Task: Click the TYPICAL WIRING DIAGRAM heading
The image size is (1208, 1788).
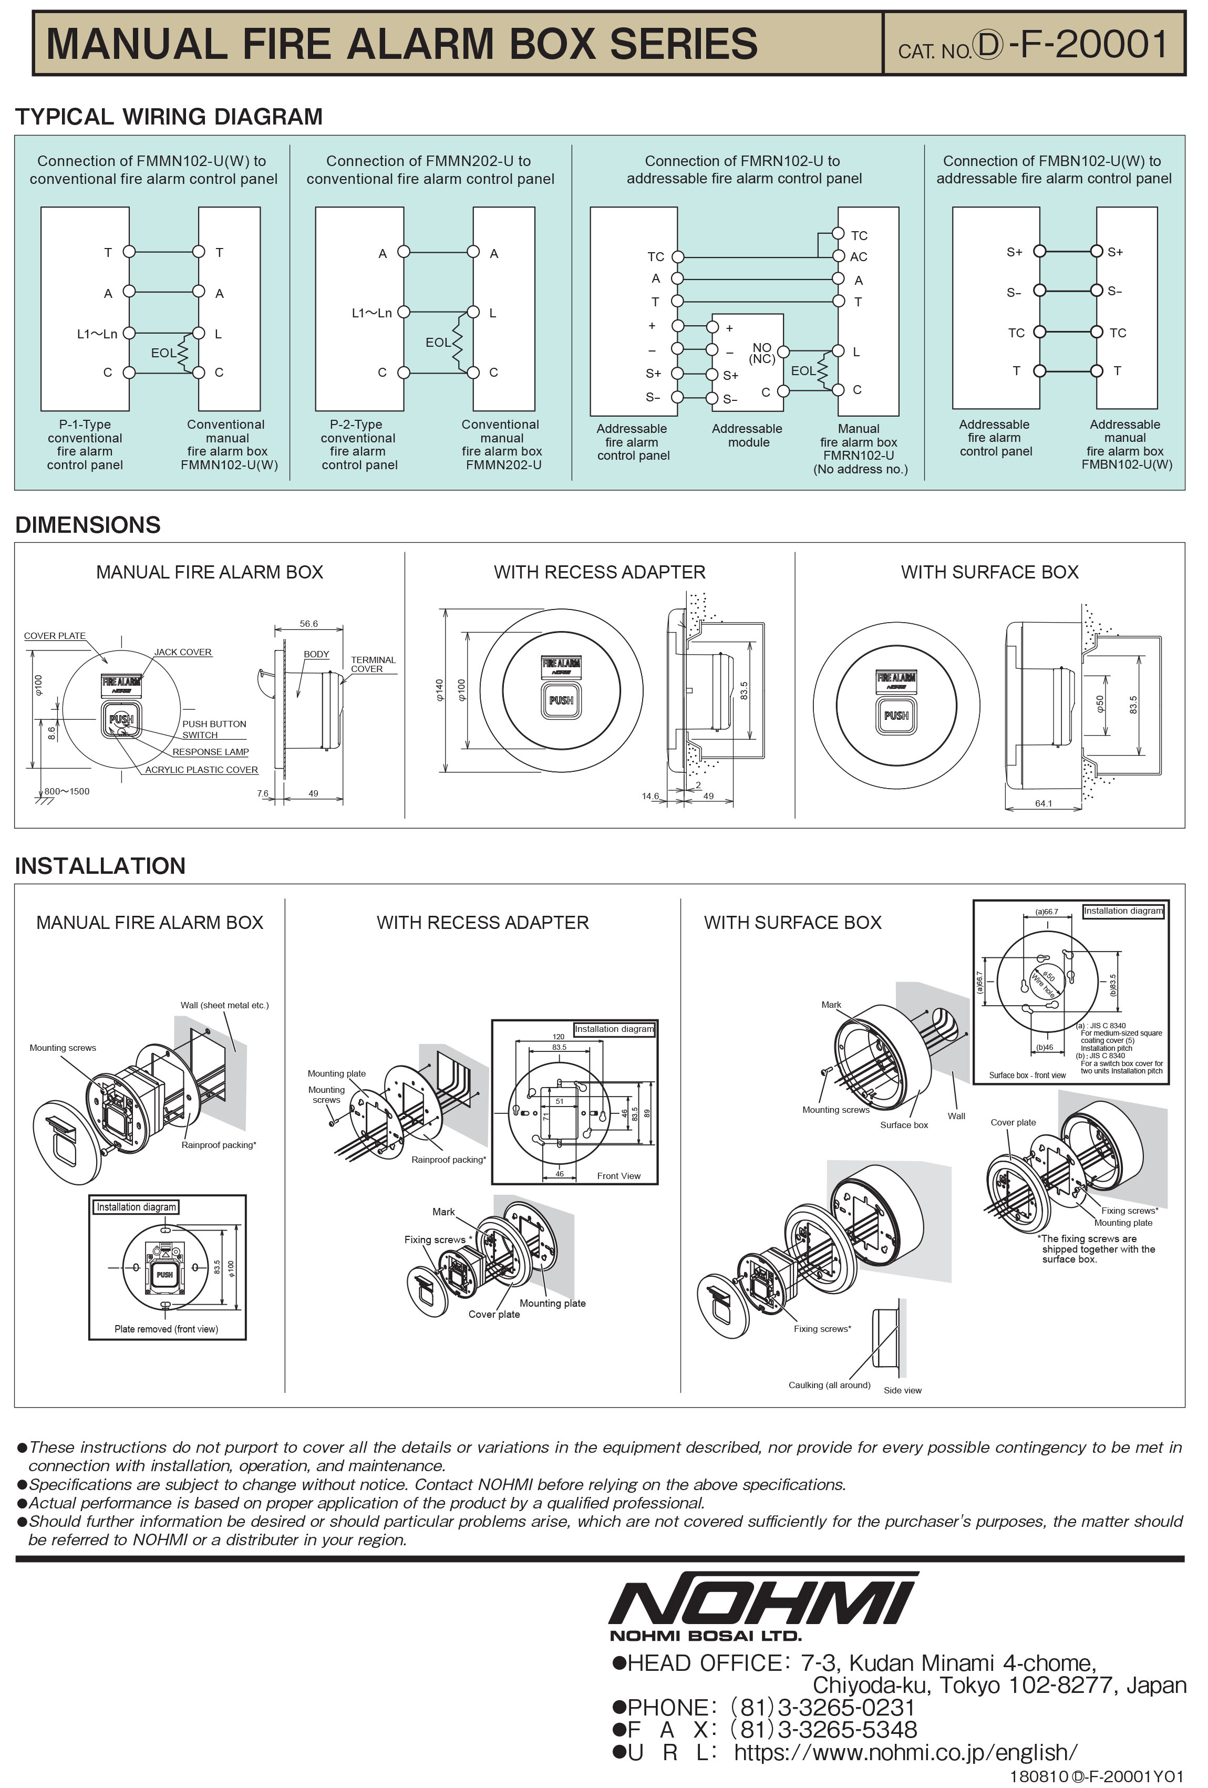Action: point(169,117)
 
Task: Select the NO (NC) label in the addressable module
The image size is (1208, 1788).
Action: point(762,353)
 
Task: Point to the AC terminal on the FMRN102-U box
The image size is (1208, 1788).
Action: point(859,257)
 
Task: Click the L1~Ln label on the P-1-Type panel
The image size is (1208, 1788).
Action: point(97,334)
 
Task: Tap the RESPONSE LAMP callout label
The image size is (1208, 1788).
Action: point(210,752)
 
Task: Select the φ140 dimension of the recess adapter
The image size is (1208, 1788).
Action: point(439,689)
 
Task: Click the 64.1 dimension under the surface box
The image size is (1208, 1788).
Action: point(1044,803)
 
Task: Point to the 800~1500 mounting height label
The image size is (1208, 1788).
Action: point(67,791)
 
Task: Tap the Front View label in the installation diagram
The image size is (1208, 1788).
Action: point(618,1175)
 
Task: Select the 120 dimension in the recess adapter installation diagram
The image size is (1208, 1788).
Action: point(559,1036)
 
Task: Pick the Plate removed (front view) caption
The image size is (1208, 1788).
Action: point(166,1329)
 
